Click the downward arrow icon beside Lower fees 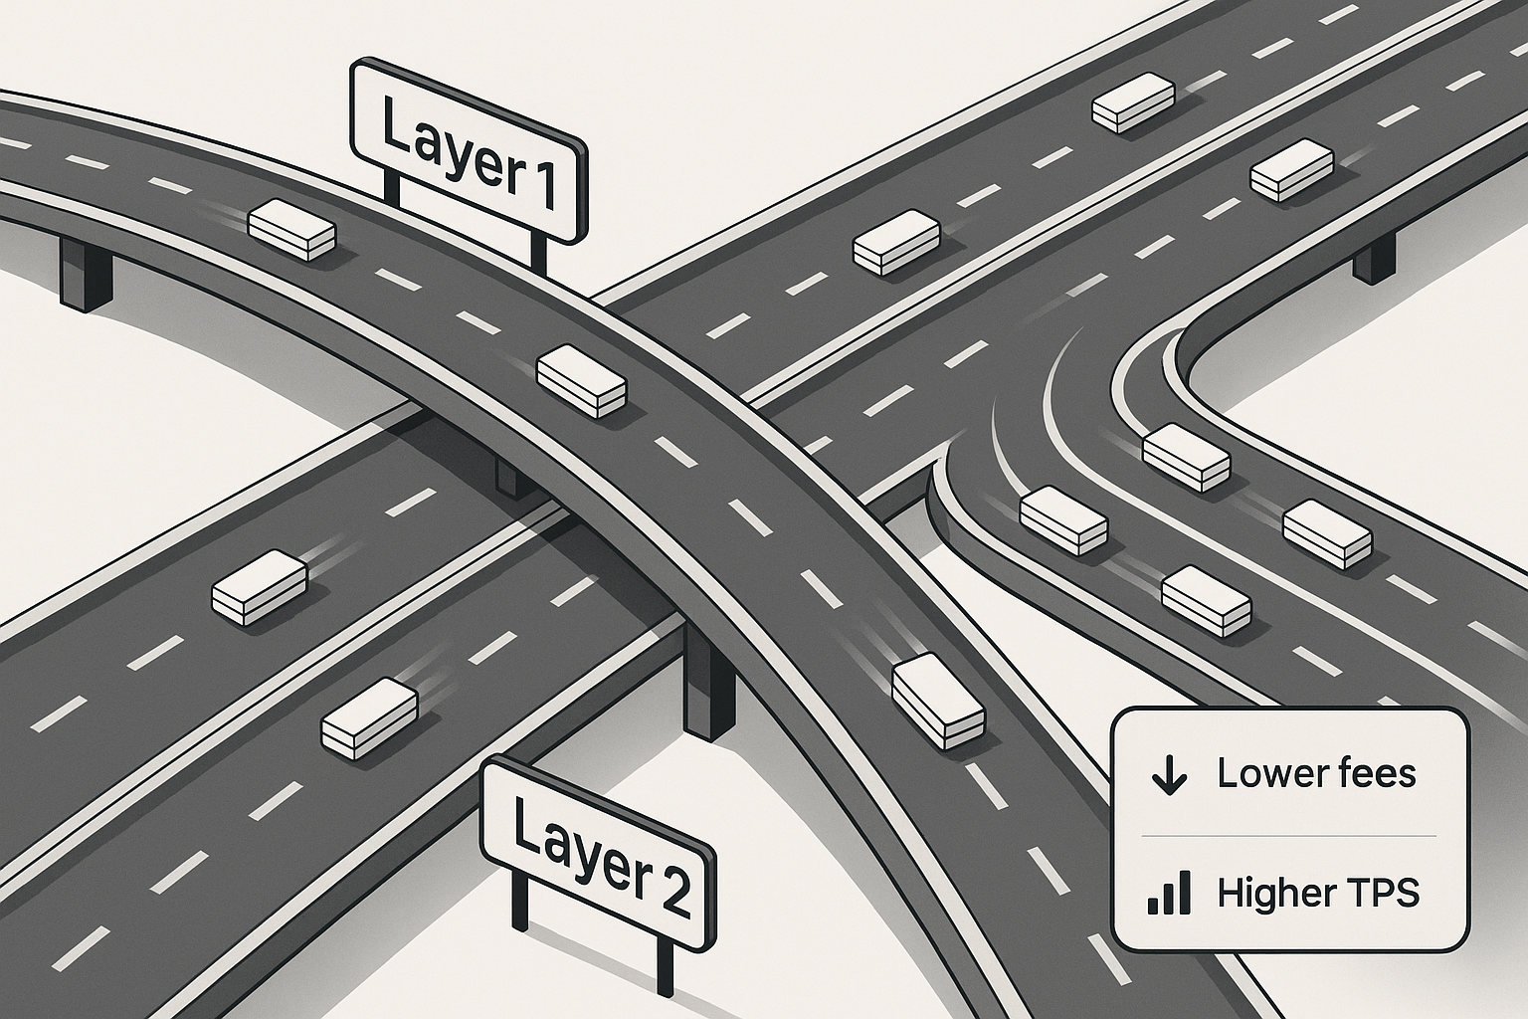tap(1168, 774)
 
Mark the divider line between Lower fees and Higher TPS tap(1289, 834)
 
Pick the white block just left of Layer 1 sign tap(291, 230)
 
